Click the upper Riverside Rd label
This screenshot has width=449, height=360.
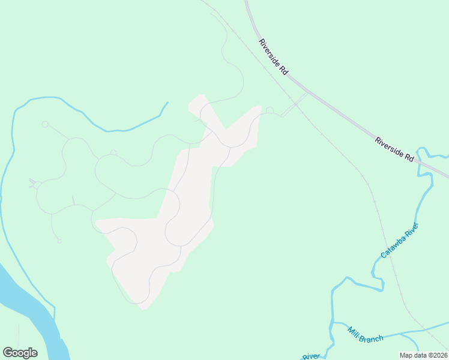tap(273, 57)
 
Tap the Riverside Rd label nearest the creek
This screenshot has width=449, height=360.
tap(395, 149)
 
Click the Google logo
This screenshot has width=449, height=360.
tap(20, 353)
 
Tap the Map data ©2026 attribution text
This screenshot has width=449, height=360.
tap(423, 355)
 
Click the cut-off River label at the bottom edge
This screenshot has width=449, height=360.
tap(311, 357)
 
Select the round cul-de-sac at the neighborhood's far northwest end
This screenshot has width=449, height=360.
tap(44, 124)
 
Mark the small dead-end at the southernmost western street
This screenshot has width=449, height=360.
tap(59, 241)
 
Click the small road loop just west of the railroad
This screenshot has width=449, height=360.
tap(270, 110)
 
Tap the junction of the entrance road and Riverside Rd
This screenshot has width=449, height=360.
tap(307, 93)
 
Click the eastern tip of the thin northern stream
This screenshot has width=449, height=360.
tap(167, 103)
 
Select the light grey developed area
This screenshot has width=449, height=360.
tap(180, 216)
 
